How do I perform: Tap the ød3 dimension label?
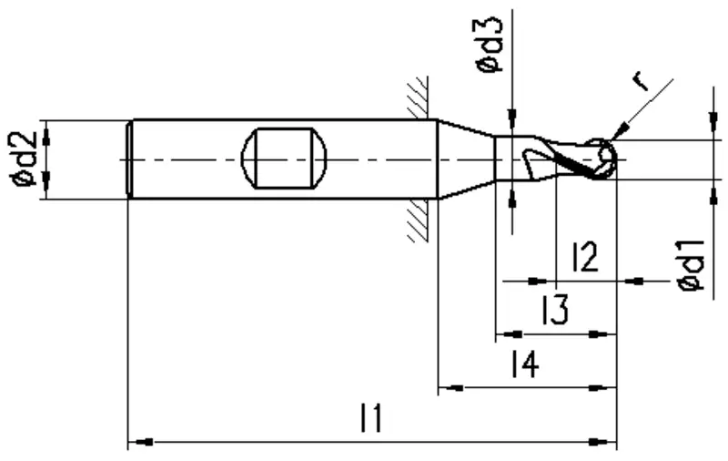pos(490,45)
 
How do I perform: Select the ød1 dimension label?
pos(692,266)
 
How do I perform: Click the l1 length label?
pos(371,418)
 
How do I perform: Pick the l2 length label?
pos(585,257)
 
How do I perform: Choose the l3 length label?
pos(555,310)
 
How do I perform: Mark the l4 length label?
pos(525,364)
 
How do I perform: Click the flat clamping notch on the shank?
pos(284,158)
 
